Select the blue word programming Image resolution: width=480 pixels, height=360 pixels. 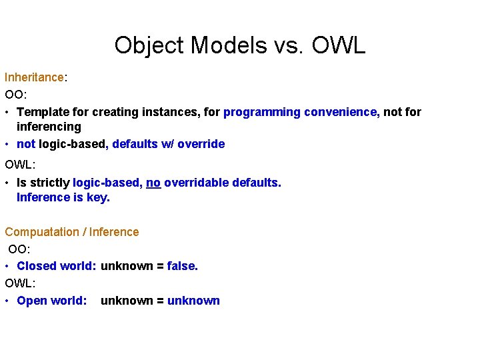(262, 112)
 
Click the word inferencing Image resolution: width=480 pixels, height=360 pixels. (49, 127)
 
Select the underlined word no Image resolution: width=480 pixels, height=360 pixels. (153, 183)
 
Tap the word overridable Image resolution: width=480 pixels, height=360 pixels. (196, 183)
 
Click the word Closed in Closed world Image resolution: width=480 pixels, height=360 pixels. (37, 266)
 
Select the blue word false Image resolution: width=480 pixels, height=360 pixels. (182, 266)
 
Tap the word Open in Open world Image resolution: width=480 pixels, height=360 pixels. (31, 301)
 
